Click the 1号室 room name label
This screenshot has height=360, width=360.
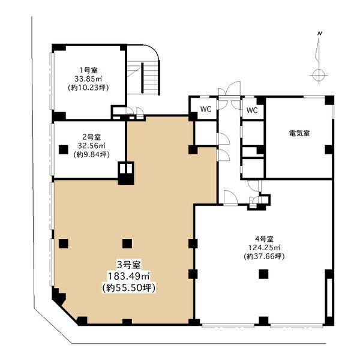[88, 70]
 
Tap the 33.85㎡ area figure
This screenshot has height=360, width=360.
[88, 79]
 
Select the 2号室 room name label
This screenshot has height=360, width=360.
[91, 137]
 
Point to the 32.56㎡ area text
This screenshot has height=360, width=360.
[91, 146]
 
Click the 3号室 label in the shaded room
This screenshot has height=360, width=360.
[128, 265]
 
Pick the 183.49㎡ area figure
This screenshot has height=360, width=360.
[128, 276]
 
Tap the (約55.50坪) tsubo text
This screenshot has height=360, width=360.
[128, 287]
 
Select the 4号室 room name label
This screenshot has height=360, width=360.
[264, 239]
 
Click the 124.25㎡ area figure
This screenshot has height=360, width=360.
[264, 248]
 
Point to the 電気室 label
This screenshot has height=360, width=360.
[299, 133]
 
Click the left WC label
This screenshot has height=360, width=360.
[206, 109]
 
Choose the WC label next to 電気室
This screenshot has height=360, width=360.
[252, 110]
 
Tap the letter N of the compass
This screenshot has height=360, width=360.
[319, 34]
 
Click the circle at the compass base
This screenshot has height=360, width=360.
[319, 74]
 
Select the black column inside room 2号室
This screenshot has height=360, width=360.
[64, 149]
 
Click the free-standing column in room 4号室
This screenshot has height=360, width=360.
[264, 274]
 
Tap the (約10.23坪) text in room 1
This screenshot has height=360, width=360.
[88, 88]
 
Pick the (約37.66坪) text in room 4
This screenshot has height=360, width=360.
[264, 256]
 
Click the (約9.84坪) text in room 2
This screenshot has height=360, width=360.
[91, 155]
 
